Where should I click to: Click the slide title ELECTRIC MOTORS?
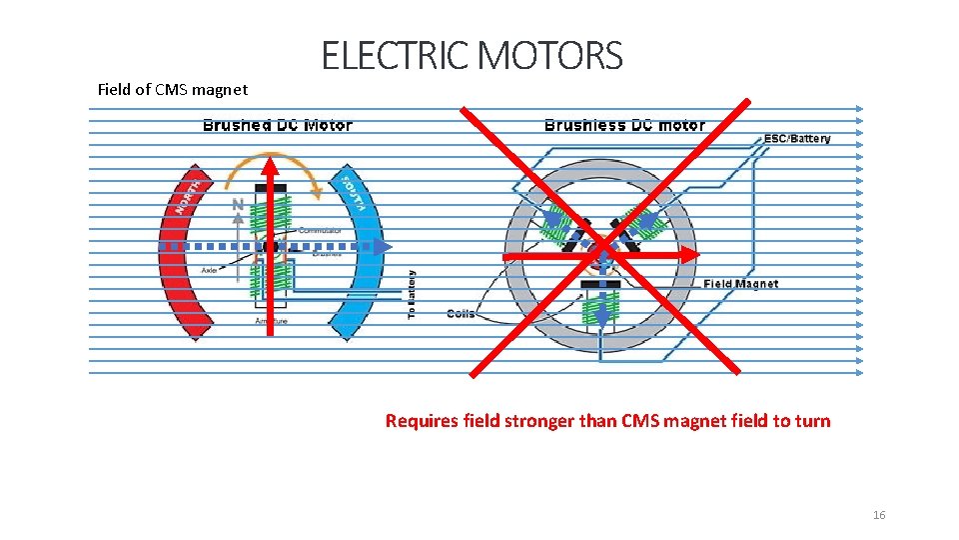(x=472, y=56)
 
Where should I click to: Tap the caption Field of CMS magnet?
(x=173, y=90)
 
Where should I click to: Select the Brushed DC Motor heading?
(x=277, y=126)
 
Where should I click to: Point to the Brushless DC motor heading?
(x=624, y=126)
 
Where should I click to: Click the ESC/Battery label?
(x=797, y=138)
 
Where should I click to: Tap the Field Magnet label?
(x=740, y=284)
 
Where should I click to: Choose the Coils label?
(x=461, y=314)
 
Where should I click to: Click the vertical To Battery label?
(x=412, y=294)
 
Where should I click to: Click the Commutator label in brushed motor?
(x=320, y=231)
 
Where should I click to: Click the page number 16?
(x=879, y=515)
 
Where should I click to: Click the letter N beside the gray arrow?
(x=238, y=205)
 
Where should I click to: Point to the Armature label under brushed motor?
(x=271, y=321)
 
